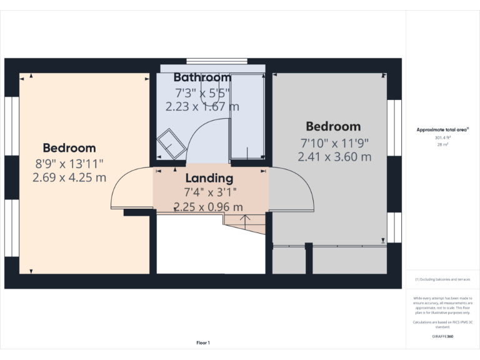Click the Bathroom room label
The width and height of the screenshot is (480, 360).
tap(202, 77)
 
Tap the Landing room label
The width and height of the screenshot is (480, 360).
tap(209, 179)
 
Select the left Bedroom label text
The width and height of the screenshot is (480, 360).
tap(69, 148)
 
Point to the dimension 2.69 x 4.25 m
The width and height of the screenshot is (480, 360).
tap(69, 177)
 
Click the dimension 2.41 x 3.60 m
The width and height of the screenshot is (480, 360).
tap(334, 157)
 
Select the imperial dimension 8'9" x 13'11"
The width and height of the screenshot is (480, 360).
tap(69, 163)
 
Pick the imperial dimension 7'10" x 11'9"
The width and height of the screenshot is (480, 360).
tap(334, 142)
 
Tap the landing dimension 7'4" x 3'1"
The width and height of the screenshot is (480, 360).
tap(209, 192)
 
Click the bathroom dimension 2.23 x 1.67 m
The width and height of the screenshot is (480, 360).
tap(202, 107)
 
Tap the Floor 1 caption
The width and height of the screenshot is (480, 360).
tap(203, 342)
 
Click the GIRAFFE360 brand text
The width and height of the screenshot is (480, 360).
tap(442, 336)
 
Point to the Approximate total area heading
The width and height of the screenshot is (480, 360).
tap(442, 130)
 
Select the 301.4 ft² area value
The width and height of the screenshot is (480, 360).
tap(442, 137)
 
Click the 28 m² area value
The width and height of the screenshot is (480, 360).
tap(442, 144)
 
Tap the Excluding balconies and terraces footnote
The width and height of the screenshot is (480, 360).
tap(442, 279)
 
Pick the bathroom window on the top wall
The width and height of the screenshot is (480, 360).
tap(217, 61)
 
